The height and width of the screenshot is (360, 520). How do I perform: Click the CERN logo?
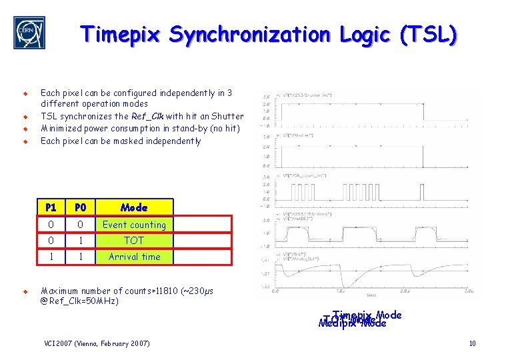point(29,33)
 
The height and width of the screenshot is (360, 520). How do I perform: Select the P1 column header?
point(51,207)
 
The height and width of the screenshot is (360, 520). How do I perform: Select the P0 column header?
point(80,207)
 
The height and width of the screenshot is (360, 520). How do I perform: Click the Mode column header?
point(134,207)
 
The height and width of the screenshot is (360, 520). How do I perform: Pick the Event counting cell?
point(134,225)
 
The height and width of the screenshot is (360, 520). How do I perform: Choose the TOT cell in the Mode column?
point(134,241)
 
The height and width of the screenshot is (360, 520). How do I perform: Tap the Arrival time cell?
point(134,257)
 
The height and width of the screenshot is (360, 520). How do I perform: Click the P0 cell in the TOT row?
point(80,241)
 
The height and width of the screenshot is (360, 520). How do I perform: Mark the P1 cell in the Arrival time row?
point(51,257)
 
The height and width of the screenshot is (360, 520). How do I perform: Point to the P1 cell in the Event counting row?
point(51,225)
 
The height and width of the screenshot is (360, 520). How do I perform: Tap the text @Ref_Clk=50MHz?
point(79,301)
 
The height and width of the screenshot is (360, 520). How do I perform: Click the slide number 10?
point(472,343)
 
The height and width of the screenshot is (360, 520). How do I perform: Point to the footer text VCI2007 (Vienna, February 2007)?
point(97,343)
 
